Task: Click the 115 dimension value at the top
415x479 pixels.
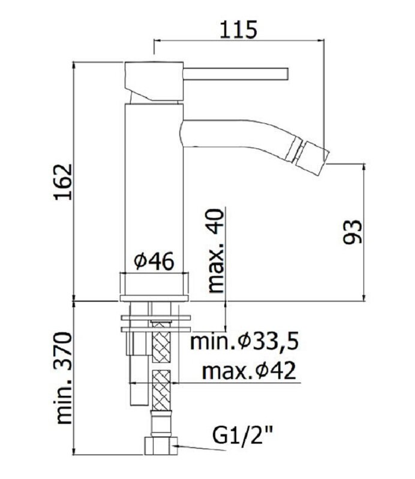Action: (239, 29)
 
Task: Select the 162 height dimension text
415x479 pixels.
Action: (64, 182)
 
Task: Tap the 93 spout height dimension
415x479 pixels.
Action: (351, 232)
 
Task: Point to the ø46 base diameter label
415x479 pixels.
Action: (154, 261)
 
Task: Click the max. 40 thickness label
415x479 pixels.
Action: (215, 251)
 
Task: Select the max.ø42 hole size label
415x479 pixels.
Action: (249, 371)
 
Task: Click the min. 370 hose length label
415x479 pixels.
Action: (64, 378)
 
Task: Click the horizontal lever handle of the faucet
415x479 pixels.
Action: (235, 74)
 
